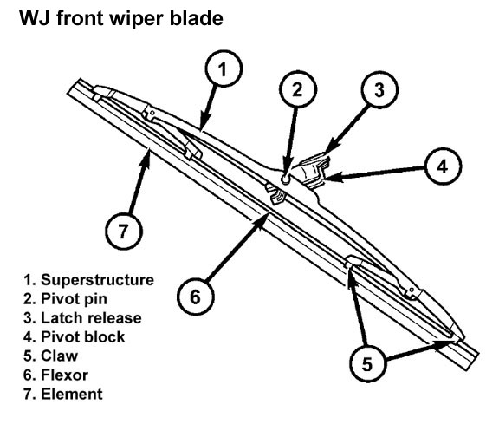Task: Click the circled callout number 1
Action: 224,68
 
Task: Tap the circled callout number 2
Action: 298,89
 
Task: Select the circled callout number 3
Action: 379,89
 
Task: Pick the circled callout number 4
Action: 443,166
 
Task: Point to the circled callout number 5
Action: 368,363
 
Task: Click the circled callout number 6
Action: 196,297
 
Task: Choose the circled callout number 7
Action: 124,231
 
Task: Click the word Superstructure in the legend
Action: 97,280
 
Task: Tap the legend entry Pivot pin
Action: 74,299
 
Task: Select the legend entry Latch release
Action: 91,318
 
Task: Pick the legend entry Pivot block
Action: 83,337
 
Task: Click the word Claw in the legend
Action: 59,356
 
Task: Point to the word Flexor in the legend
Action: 64,375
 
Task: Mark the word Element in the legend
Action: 72,394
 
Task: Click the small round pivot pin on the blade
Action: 286,179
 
